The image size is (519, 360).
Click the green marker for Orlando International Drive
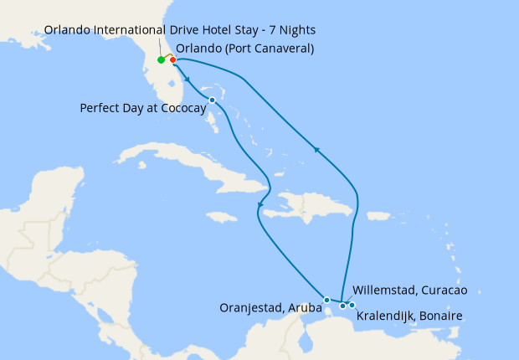point(161,60)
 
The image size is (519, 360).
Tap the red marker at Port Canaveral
point(172,59)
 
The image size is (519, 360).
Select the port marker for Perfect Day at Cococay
point(212,100)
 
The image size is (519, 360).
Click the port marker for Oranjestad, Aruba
point(326,300)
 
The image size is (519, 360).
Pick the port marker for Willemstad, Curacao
point(343,306)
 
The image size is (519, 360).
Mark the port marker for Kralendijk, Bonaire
point(352,305)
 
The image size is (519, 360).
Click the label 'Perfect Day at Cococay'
point(142,108)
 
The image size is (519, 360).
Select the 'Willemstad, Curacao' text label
point(410,291)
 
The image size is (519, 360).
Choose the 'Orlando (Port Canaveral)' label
point(245,48)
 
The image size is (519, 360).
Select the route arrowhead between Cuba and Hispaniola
point(261,205)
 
